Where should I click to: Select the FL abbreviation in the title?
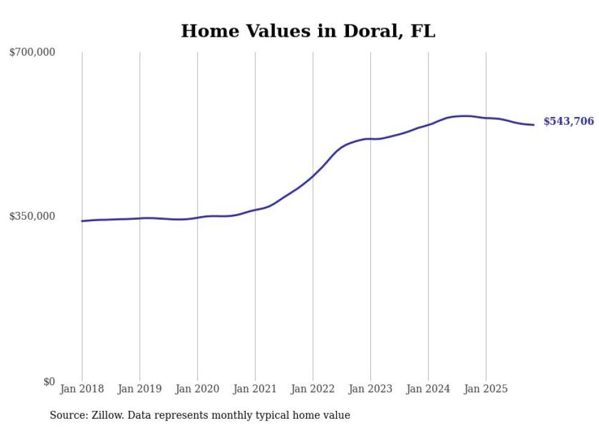pyautogui.click(x=423, y=31)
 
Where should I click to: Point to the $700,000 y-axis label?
pyautogui.click(x=32, y=52)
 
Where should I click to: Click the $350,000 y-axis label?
pyautogui.click(x=32, y=216)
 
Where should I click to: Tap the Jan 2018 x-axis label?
pyautogui.click(x=82, y=389)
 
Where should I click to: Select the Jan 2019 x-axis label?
pyautogui.click(x=140, y=389)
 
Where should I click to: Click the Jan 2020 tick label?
pyautogui.click(x=197, y=389)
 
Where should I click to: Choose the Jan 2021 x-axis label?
pyautogui.click(x=255, y=389)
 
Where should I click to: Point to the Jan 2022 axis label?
pyautogui.click(x=313, y=389)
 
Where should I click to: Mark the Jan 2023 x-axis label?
pyautogui.click(x=370, y=389)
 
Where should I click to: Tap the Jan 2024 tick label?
pyautogui.click(x=428, y=389)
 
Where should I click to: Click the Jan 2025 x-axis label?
pyautogui.click(x=486, y=389)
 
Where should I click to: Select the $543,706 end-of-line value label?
pyautogui.click(x=568, y=121)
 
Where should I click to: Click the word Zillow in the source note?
pyautogui.click(x=106, y=415)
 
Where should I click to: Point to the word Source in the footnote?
pyautogui.click(x=67, y=415)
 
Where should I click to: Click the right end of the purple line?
pyautogui.click(x=534, y=125)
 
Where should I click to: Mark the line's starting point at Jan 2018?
pyautogui.click(x=82, y=221)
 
